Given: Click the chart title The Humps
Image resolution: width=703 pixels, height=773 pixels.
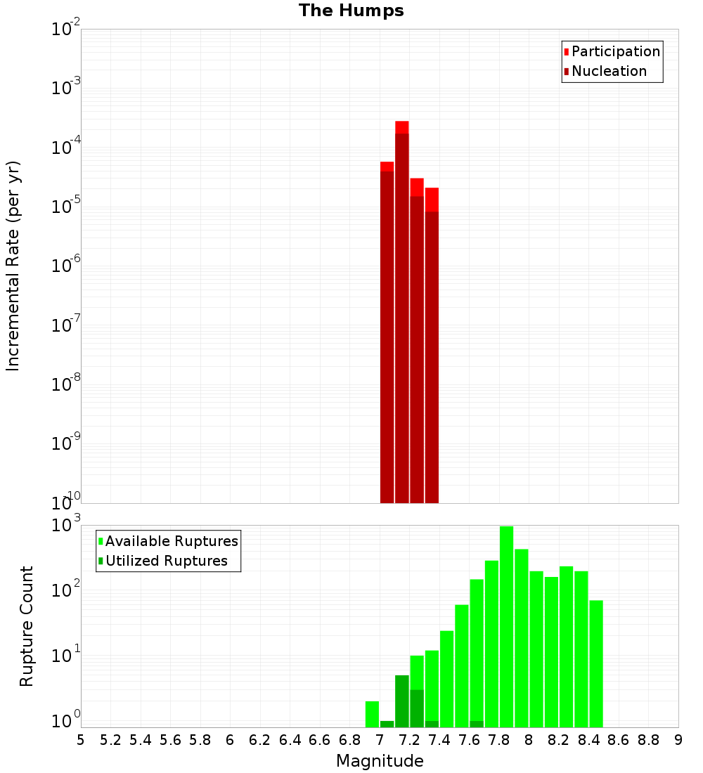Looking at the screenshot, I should pyautogui.click(x=351, y=11).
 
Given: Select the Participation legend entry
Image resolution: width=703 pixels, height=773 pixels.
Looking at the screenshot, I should pyautogui.click(x=615, y=51).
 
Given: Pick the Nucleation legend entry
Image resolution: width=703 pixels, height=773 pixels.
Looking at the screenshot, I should pyautogui.click(x=609, y=71).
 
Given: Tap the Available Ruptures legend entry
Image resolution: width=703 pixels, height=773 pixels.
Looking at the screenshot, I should pyautogui.click(x=172, y=541).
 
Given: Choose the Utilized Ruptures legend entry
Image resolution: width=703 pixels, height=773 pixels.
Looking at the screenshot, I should pyautogui.click(x=166, y=561).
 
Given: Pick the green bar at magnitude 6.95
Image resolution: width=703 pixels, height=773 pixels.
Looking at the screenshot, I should pyautogui.click(x=372, y=714).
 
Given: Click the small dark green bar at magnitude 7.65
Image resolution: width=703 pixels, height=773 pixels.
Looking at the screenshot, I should pyautogui.click(x=477, y=724).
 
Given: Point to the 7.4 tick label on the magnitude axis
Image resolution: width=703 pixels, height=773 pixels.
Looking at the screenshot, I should pyautogui.click(x=439, y=740).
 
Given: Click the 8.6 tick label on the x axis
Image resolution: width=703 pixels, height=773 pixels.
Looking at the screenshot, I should pyautogui.click(x=619, y=740).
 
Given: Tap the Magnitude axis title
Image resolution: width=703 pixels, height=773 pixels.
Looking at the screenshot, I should pyautogui.click(x=380, y=761).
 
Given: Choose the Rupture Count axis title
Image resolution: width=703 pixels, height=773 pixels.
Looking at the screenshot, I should pyautogui.click(x=27, y=625).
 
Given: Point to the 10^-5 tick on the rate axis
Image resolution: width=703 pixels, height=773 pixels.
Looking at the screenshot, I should pyautogui.click(x=66, y=207).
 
